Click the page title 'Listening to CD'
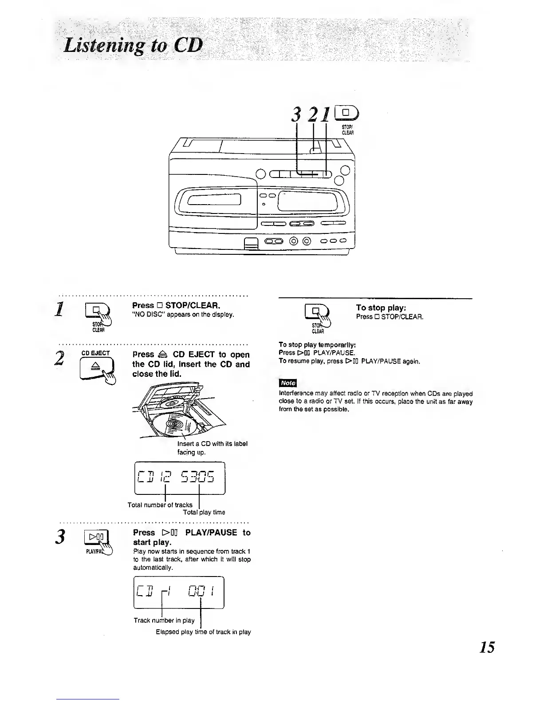coord(133,46)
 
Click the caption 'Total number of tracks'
coord(160,505)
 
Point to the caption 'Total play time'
coord(204,512)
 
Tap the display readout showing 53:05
coord(198,478)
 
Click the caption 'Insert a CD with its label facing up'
coord(212,448)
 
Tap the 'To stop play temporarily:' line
coord(318,345)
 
